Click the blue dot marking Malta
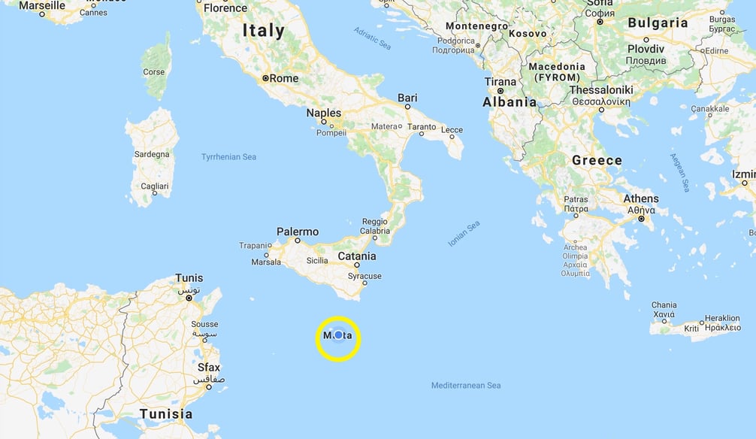coord(338,335)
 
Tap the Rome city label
coord(283,78)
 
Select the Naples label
coord(323,113)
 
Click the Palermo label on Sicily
coord(298,232)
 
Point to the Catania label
coord(356,256)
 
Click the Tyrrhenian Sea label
coord(228,157)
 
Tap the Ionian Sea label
coord(464,234)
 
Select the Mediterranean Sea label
coord(465,386)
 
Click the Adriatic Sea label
coord(373,38)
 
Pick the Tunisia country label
coord(166,413)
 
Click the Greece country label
coord(597,160)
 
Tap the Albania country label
coord(510,102)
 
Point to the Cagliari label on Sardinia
coord(154,186)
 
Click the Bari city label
coord(407,98)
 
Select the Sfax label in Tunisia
coord(208,368)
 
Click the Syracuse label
coord(364,276)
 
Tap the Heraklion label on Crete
coord(722,318)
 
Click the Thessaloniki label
coord(601,90)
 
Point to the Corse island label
coord(153,72)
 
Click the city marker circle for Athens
coord(641,219)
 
